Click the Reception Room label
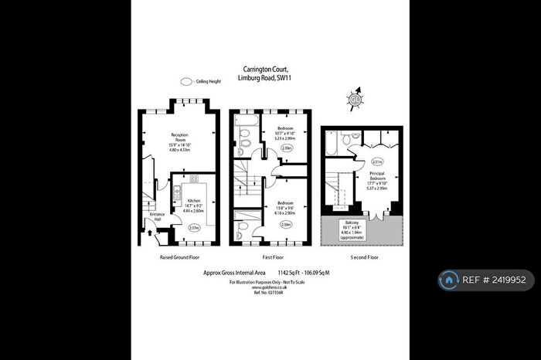click(x=179, y=138)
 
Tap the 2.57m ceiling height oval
click(x=194, y=227)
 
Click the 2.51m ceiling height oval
click(x=377, y=161)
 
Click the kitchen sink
click(x=177, y=193)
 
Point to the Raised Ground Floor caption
click(x=179, y=256)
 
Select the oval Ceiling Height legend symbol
click(x=185, y=80)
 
